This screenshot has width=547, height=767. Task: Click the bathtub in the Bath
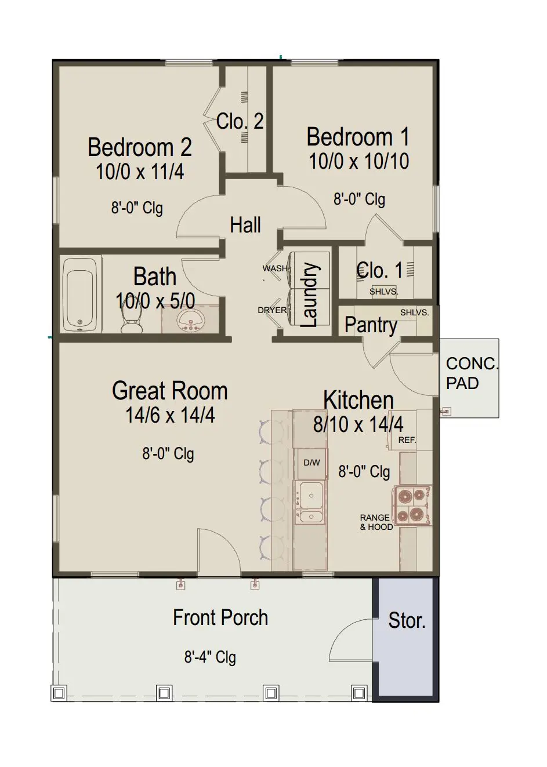[x=80, y=294]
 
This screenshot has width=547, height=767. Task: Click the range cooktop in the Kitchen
[x=412, y=505]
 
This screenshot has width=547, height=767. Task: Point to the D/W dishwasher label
[x=311, y=463]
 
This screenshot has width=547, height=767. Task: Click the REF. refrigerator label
[x=407, y=440]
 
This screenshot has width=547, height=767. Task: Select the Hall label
[x=245, y=225]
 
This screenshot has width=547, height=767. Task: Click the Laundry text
[x=310, y=295]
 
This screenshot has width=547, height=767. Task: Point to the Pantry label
[x=371, y=325]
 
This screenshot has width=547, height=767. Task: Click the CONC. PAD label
[x=472, y=373]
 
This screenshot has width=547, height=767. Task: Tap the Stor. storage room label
[x=407, y=620]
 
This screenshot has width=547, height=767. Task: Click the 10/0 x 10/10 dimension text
[x=359, y=161]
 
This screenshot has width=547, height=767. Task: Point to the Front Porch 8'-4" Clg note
[x=210, y=657]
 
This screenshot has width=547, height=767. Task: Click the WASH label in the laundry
[x=275, y=268]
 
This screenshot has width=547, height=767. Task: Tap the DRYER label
[x=272, y=310]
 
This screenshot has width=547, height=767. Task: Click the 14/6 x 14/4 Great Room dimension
[x=170, y=415]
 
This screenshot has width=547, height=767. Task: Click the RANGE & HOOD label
[x=376, y=522]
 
